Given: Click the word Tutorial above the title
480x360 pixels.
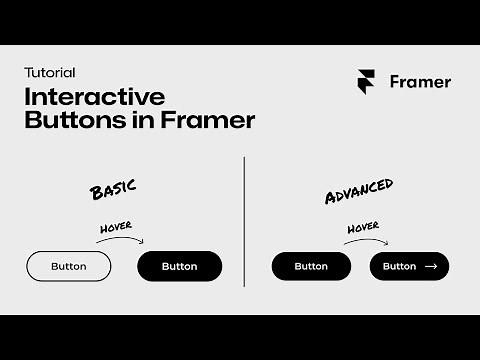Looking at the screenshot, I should (x=50, y=73).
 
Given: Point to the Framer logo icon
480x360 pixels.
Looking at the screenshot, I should (x=368, y=82).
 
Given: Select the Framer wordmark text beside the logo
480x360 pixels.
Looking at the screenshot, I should (x=420, y=82).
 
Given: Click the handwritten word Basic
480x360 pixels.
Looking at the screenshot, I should (x=112, y=188).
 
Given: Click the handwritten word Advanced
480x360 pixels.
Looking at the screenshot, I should (x=359, y=191).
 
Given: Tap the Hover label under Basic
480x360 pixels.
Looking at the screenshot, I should (x=116, y=229).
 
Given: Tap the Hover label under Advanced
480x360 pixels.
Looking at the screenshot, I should (x=363, y=228).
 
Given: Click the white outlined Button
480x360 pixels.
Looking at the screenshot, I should (x=68, y=266).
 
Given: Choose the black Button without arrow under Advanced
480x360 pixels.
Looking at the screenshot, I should (x=311, y=266).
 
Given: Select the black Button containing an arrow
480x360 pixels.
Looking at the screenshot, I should (x=409, y=266).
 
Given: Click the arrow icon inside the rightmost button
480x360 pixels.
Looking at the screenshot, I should (x=431, y=266).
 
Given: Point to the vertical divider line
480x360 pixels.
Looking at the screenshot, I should (x=244, y=220).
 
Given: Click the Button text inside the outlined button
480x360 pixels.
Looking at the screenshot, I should (x=68, y=266).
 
